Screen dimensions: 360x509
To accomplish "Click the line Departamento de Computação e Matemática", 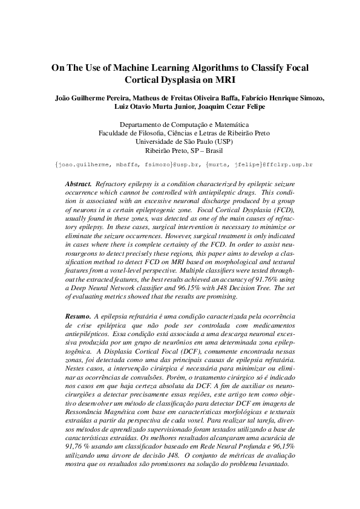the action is (x=180, y=125).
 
